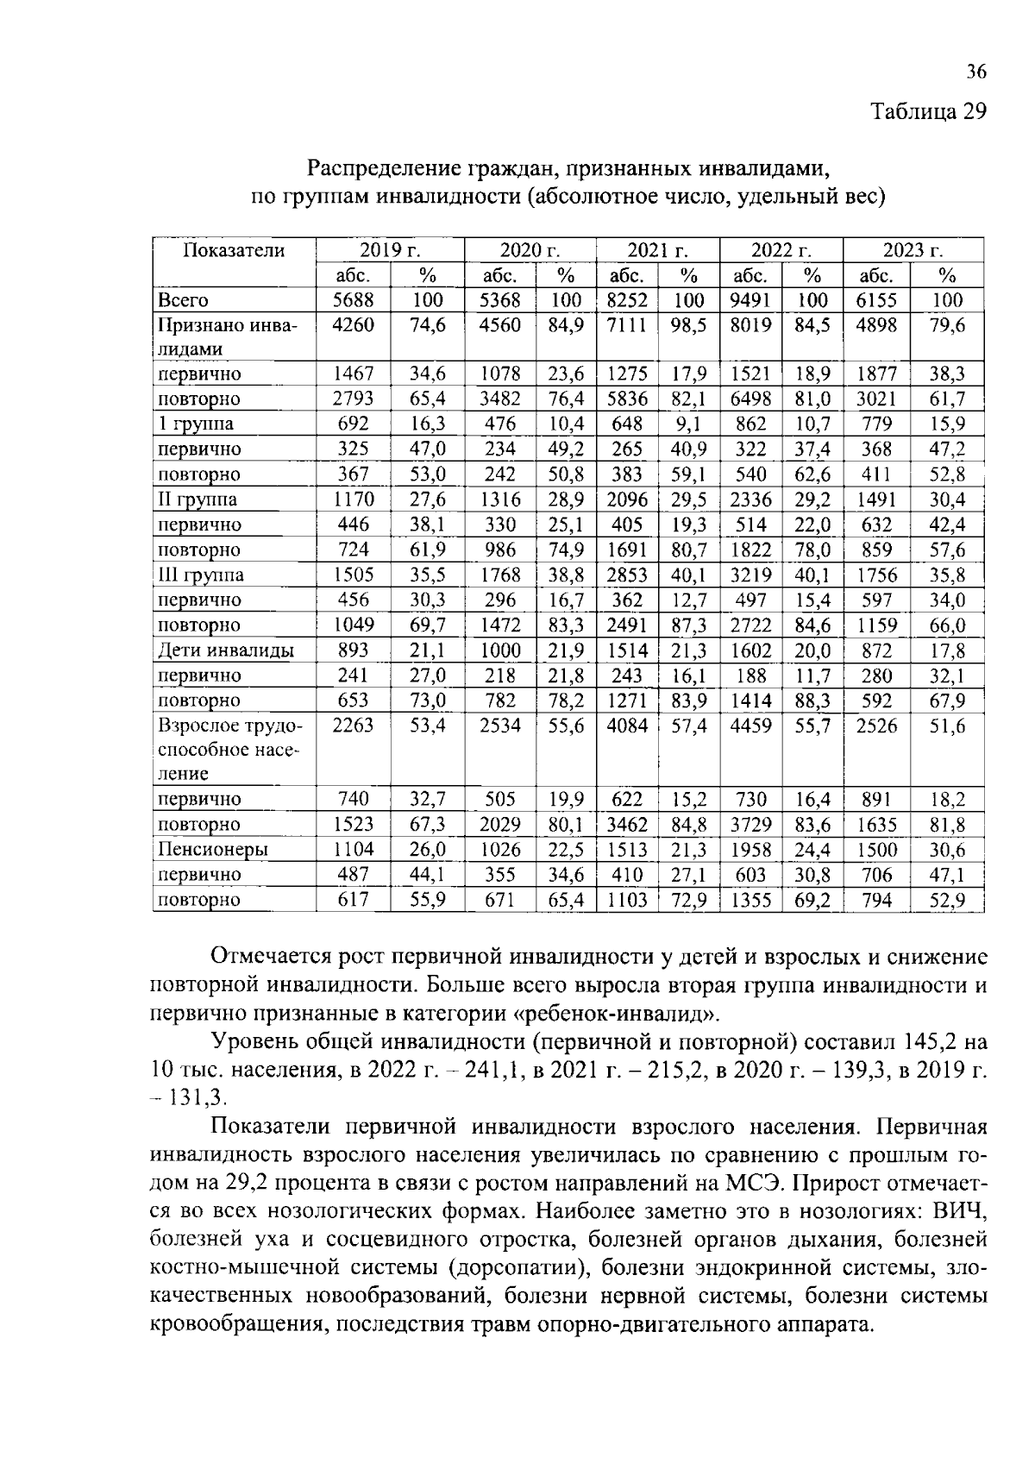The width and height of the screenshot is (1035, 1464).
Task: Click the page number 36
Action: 975,72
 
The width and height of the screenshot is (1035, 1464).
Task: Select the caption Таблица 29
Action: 927,113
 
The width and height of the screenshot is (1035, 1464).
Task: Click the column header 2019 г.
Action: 390,251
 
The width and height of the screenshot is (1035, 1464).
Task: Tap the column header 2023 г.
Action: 913,251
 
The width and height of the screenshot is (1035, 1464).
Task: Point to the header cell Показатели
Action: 233,251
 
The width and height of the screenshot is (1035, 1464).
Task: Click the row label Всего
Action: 183,301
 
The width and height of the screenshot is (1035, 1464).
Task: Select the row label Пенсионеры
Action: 213,850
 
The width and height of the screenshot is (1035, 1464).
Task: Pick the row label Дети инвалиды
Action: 225,650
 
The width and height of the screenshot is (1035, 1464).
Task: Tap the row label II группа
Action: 198,500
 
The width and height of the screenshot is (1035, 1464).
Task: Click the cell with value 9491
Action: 750,301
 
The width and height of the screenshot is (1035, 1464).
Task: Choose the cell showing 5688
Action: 354,301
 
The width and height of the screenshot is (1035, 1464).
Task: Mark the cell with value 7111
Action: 627,326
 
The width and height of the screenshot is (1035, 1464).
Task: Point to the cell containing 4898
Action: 876,326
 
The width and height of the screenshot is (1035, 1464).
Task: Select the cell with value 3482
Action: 500,399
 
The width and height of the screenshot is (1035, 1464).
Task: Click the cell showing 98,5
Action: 689,326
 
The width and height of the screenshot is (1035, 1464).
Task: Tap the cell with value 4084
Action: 627,726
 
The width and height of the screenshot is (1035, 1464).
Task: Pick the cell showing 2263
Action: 354,726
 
